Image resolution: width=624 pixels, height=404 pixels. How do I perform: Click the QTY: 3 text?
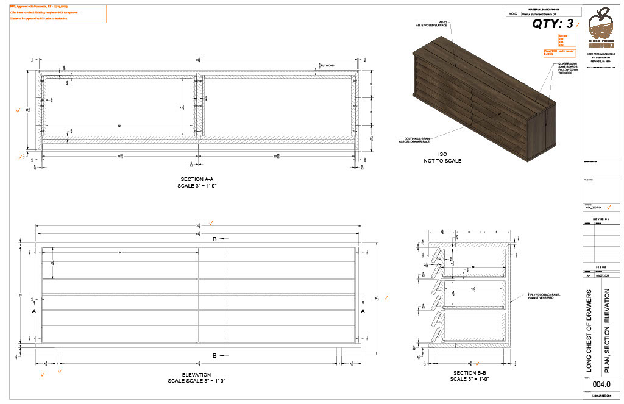pos(553,24)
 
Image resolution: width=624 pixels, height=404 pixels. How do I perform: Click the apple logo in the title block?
pos(602,25)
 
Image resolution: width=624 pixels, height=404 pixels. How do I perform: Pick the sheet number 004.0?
pos(601,385)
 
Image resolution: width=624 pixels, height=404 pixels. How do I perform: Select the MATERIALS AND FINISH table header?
pos(543,9)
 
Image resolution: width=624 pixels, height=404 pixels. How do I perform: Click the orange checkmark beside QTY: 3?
pos(576,25)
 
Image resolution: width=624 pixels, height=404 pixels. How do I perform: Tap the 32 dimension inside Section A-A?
pos(119,126)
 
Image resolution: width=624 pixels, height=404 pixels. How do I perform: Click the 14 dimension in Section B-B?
pos(472,268)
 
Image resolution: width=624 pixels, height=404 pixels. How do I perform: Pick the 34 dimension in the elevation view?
pos(120,252)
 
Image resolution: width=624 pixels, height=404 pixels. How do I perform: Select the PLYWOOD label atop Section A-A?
pos(327,65)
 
